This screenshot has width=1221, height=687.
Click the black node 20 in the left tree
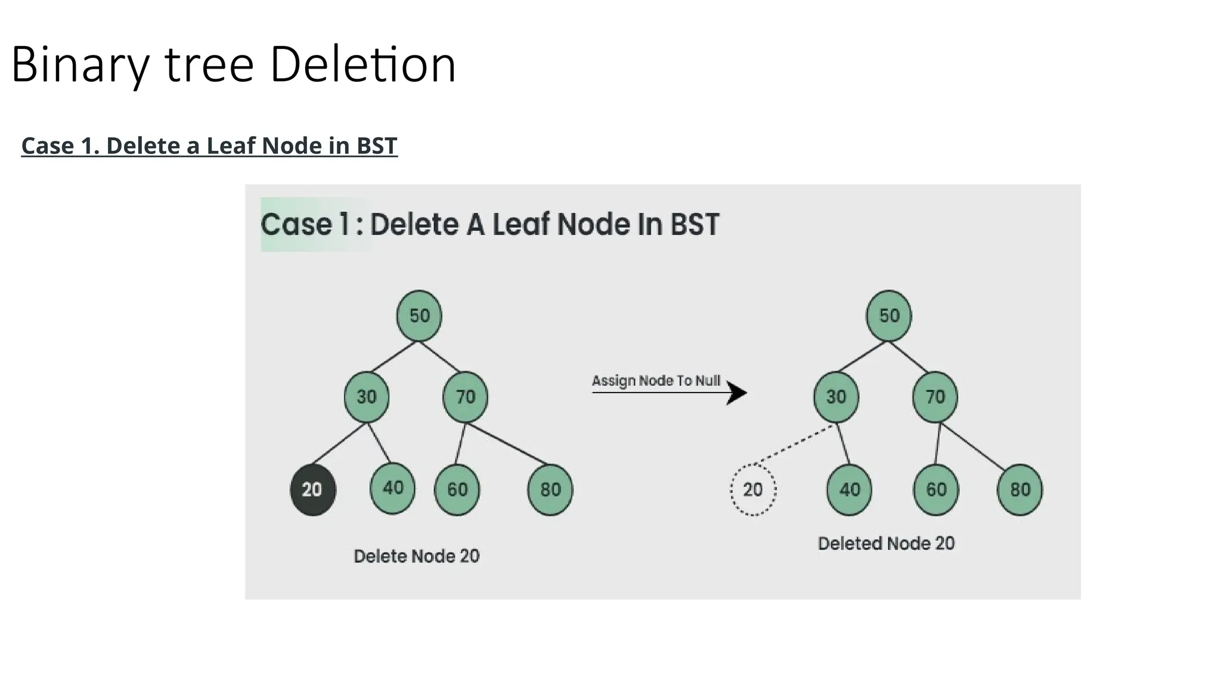(312, 490)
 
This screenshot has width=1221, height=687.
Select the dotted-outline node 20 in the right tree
(753, 490)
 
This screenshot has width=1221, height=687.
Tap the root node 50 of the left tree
(419, 315)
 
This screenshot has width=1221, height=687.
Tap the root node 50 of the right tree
(889, 315)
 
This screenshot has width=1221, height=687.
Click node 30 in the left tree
(367, 397)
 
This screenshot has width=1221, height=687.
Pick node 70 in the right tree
(935, 397)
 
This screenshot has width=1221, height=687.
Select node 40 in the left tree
(392, 488)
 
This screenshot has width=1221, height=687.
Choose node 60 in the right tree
(936, 490)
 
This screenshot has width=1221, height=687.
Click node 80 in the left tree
(550, 490)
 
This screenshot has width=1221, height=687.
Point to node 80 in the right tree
(1019, 490)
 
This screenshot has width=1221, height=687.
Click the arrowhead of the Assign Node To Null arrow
(738, 393)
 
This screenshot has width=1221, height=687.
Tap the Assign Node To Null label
(656, 380)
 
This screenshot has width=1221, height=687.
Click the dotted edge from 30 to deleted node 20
(794, 444)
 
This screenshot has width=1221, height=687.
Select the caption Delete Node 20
(416, 556)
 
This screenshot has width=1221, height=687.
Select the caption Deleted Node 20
(886, 543)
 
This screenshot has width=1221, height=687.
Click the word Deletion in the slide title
(362, 64)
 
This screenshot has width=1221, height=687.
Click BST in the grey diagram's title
(695, 225)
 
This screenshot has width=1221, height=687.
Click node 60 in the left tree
(457, 490)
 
